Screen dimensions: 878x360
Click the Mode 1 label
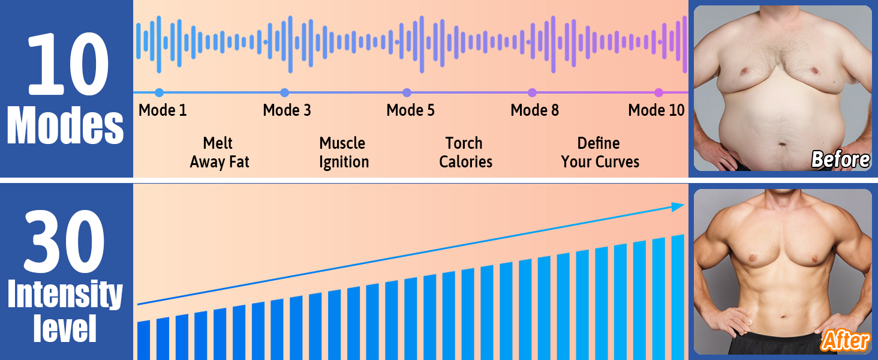coord(163,110)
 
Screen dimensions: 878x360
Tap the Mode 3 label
coord(287,110)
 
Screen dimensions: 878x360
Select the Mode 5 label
coord(410,110)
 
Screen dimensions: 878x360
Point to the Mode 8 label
coord(534,110)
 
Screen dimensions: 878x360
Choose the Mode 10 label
coord(656,110)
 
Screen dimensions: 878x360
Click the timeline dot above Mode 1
coord(159,92)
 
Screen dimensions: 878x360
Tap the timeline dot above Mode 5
coord(407,92)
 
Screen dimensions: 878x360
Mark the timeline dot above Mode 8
coord(532,92)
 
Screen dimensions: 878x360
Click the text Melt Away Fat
coord(219,152)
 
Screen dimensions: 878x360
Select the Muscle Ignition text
coord(344,152)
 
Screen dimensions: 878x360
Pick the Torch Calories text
coord(465,152)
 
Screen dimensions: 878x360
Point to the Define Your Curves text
coord(600,152)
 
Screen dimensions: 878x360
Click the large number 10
coord(67,64)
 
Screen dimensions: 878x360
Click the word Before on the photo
coord(840,160)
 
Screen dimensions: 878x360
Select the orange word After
coord(845,340)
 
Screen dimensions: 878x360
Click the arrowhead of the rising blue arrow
coord(678,206)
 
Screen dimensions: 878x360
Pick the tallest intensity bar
coord(678,297)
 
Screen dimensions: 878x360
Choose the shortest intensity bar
coord(143,340)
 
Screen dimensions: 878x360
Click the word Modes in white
coord(65,125)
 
